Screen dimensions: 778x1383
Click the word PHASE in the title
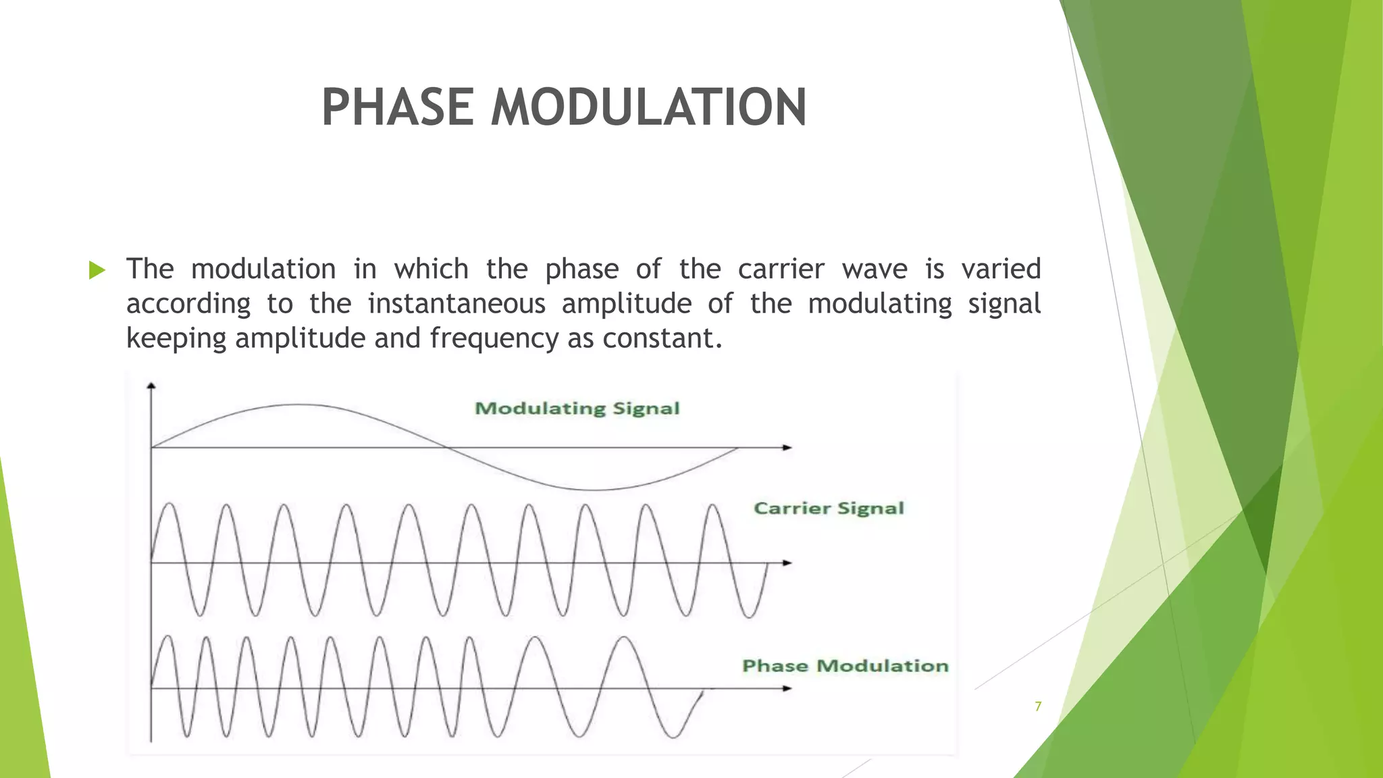(396, 107)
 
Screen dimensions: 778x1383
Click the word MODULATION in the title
(648, 107)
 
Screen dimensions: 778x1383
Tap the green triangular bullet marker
(97, 271)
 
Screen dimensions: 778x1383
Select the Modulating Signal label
(577, 408)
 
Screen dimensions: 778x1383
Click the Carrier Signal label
(828, 508)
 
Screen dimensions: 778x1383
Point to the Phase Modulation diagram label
(845, 666)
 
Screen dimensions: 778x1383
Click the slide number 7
(1038, 706)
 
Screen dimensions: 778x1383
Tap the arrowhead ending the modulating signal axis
(787, 447)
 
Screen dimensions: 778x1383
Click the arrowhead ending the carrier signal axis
(787, 563)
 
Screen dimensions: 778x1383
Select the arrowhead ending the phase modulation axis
(787, 688)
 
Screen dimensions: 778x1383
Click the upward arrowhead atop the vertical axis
(151, 386)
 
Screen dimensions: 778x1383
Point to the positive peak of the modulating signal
(298, 405)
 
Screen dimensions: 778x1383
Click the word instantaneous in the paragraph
(456, 303)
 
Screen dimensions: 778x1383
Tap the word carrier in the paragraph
(781, 269)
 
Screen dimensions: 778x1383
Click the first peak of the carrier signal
(168, 504)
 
